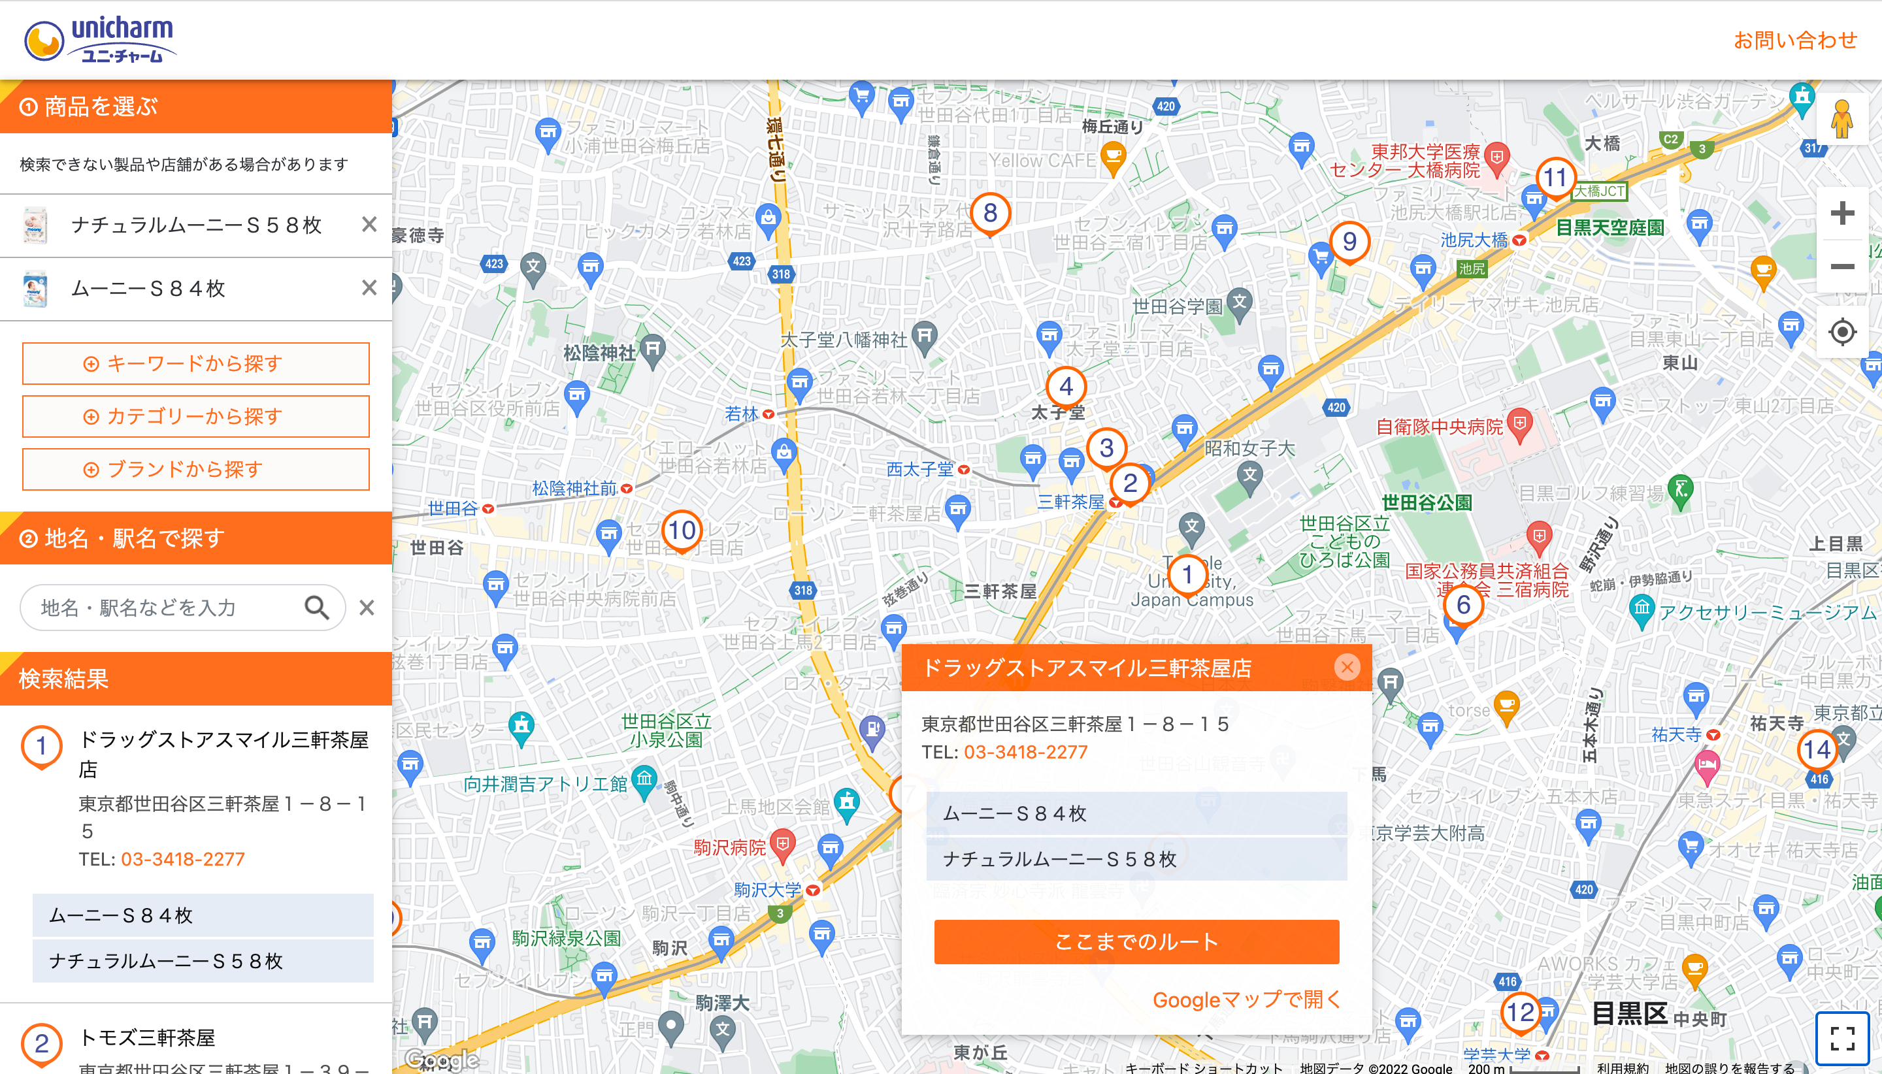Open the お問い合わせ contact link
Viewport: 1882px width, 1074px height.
point(1794,40)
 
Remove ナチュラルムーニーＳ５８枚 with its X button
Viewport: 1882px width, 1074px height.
point(369,224)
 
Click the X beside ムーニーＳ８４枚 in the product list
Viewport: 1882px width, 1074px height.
point(369,287)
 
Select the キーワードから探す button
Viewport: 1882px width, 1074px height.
point(195,363)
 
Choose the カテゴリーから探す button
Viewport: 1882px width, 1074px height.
point(195,416)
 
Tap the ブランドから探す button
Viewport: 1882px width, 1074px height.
point(195,469)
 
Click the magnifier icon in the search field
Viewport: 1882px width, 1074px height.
point(316,607)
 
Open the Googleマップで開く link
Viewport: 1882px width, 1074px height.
point(1246,1000)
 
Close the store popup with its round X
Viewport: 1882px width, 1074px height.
point(1347,667)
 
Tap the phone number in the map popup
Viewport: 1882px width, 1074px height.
point(1025,752)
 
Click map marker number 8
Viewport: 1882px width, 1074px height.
point(990,213)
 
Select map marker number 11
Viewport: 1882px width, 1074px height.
point(1555,178)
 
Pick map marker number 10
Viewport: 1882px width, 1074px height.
point(682,530)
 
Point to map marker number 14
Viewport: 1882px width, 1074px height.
point(1817,749)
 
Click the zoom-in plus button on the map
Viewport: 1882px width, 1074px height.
point(1841,214)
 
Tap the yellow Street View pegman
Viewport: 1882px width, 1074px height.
point(1841,120)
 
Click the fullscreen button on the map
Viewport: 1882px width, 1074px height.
point(1842,1038)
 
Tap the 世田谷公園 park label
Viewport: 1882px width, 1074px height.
point(1426,503)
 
